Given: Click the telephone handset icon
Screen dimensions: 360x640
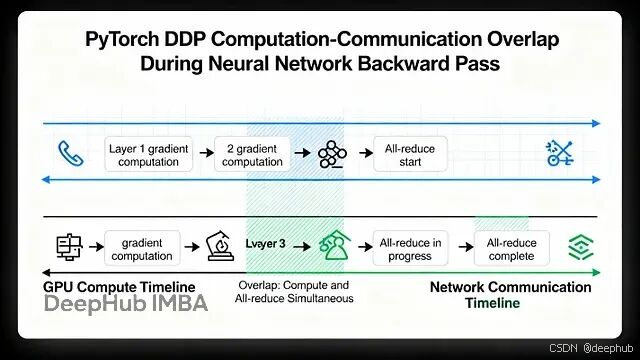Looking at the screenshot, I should (71, 153).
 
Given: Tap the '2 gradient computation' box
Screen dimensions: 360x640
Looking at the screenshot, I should (252, 154).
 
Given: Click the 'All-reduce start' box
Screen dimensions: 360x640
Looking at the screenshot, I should (410, 154).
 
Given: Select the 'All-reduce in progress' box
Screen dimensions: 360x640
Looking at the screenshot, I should (410, 249).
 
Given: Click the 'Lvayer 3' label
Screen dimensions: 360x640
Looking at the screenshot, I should (266, 244).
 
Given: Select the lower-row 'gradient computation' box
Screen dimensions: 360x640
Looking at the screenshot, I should (142, 249).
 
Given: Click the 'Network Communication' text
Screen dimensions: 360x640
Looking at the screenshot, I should (510, 287).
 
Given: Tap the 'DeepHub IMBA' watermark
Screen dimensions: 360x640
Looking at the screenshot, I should (126, 305).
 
